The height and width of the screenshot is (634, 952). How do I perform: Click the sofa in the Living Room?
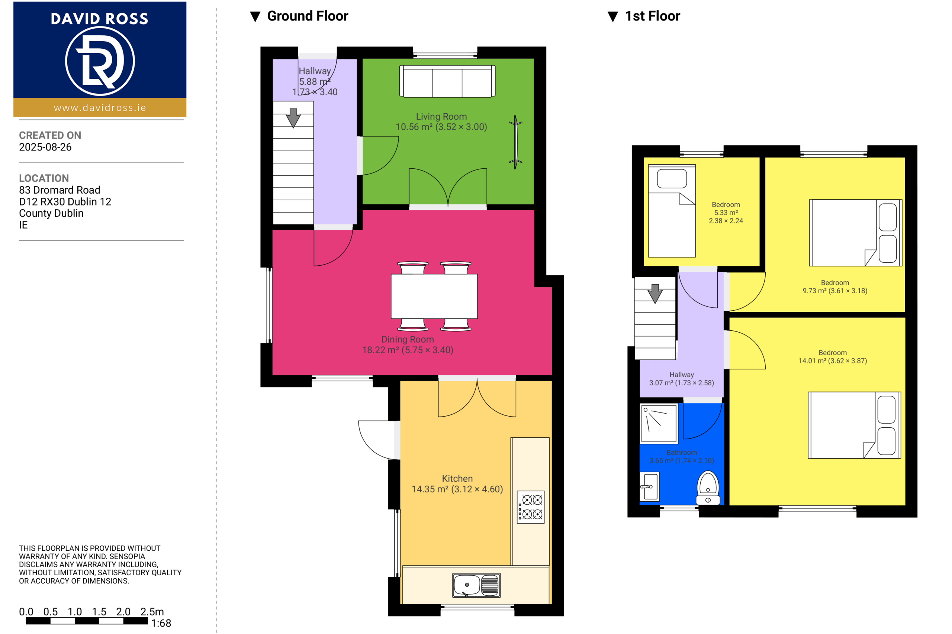coord(447,81)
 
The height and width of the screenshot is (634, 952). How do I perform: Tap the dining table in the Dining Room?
coord(434,297)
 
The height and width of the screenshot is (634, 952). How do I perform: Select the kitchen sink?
coord(476,585)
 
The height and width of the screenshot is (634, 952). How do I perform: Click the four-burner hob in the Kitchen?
coord(531,507)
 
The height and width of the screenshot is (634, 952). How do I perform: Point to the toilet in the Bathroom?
coord(708,488)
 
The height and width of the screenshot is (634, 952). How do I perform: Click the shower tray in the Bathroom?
coord(659,423)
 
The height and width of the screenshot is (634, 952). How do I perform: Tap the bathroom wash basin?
coord(649,486)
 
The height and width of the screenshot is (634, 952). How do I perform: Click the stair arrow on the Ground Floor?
coord(293,118)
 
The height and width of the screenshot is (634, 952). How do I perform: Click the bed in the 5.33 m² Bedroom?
coord(672,211)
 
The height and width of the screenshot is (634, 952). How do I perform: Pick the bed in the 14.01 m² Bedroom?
coord(855,425)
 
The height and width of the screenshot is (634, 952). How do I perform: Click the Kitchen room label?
coord(457,479)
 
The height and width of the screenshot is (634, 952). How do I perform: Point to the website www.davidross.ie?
coord(100,107)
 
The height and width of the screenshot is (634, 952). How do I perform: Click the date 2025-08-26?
coord(45,147)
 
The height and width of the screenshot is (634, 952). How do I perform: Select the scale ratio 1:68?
coord(161,623)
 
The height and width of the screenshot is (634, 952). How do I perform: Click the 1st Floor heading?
coord(652,16)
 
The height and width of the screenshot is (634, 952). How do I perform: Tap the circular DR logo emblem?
coord(100,61)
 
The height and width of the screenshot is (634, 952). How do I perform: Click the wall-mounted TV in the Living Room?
coord(515,142)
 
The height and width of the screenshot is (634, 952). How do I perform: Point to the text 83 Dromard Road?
coord(59,190)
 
